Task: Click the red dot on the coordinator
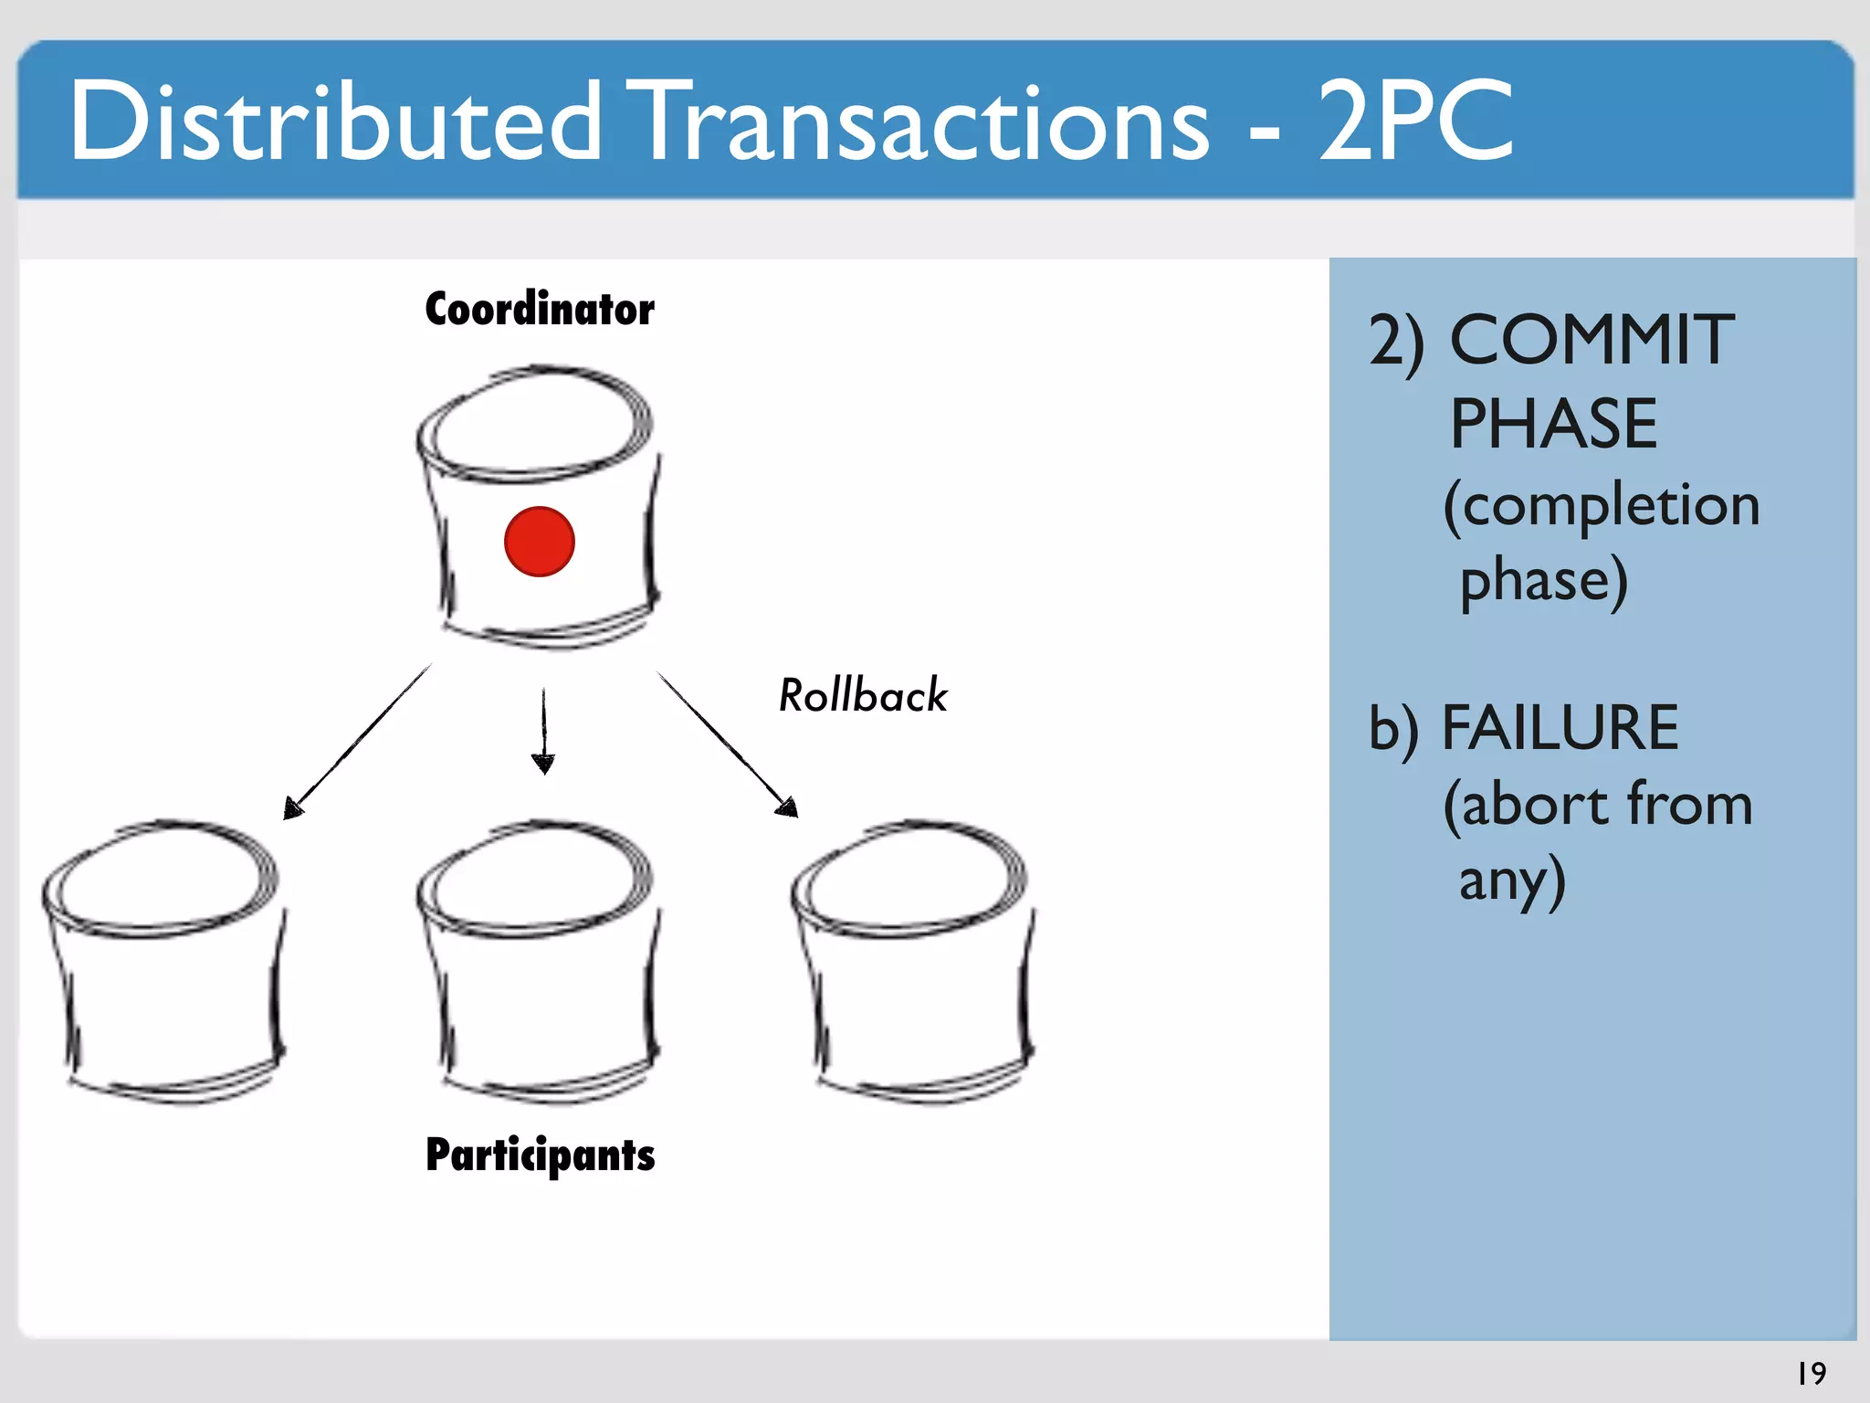(x=539, y=542)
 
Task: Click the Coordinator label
(x=540, y=309)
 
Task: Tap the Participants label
(x=541, y=1155)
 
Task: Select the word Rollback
(x=863, y=695)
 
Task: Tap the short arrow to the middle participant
(x=544, y=731)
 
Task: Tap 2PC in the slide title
(x=1415, y=121)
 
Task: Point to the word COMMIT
(x=1592, y=340)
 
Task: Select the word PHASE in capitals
(x=1553, y=424)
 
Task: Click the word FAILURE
(x=1560, y=728)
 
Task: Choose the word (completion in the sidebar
(x=1602, y=506)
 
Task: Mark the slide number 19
(x=1812, y=1373)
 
